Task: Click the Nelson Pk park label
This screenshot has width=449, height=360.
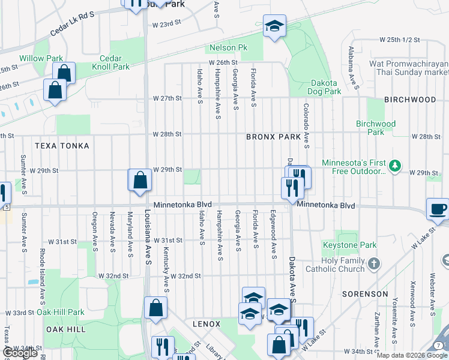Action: (x=228, y=48)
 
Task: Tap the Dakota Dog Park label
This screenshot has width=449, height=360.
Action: (x=325, y=88)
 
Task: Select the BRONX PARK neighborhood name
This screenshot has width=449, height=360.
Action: (x=273, y=137)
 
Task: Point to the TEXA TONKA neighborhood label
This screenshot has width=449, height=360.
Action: (x=62, y=146)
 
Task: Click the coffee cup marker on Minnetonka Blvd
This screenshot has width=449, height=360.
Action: (x=438, y=209)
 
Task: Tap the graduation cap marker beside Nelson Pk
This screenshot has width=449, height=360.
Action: (x=274, y=26)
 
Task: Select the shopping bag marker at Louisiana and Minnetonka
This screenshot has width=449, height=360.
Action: (x=140, y=180)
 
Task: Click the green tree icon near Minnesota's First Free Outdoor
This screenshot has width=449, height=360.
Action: (x=395, y=165)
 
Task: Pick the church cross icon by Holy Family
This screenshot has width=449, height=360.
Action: (x=373, y=263)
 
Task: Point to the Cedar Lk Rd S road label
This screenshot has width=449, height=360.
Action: (x=73, y=22)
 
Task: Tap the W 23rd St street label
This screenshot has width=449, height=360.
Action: (x=167, y=25)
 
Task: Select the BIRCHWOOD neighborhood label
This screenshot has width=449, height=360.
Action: (x=410, y=99)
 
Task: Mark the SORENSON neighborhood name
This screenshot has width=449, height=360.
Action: (x=365, y=294)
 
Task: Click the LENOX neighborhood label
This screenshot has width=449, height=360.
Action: (x=206, y=324)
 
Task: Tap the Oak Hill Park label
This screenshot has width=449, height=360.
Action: (x=61, y=312)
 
